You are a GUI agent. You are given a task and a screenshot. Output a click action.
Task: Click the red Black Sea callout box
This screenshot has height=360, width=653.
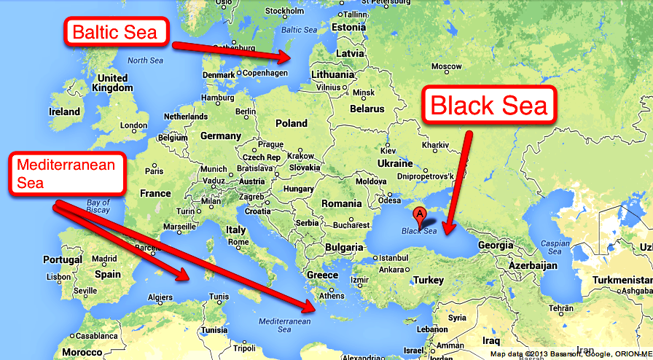(x=490, y=106)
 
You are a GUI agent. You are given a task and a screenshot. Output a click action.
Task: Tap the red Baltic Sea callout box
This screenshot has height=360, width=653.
(x=117, y=32)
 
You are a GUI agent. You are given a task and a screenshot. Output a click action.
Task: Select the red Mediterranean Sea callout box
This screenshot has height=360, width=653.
(x=66, y=174)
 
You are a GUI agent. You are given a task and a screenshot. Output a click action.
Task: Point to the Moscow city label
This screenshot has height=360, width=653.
(x=446, y=66)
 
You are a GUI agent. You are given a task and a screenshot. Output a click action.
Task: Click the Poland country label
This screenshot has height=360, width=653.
(x=291, y=123)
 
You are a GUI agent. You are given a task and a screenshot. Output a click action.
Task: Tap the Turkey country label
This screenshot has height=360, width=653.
(x=429, y=280)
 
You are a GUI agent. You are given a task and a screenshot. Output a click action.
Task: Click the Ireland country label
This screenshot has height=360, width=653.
(x=64, y=111)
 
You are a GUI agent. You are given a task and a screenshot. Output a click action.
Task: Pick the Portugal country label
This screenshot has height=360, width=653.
(x=63, y=259)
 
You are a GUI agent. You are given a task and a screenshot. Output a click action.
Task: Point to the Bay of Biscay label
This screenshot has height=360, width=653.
(x=98, y=206)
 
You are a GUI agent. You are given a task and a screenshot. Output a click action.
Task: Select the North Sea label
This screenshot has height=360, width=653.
(x=146, y=60)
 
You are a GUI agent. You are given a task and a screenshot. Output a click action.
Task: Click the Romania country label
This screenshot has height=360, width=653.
(x=341, y=203)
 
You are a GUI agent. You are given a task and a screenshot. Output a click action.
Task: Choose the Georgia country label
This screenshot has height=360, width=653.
(x=495, y=245)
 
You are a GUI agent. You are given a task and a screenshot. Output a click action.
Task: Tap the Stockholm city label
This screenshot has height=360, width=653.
(x=284, y=10)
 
